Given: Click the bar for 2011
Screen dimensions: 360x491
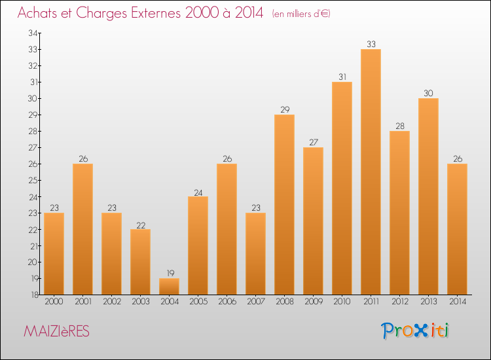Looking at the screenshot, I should [x=371, y=171].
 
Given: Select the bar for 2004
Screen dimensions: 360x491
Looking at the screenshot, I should [x=169, y=286].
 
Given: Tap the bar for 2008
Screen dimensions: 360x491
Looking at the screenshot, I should [x=284, y=204].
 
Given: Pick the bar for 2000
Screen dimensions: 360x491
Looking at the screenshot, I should [x=54, y=253].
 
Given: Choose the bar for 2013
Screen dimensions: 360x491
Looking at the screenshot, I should [x=428, y=196].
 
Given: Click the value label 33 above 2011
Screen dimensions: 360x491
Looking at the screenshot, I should [x=371, y=45].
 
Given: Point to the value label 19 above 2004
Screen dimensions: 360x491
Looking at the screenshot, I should [x=169, y=274].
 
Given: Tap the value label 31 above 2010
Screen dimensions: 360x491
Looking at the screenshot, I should [x=342, y=77].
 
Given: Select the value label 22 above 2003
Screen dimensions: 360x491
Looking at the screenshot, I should [x=140, y=225].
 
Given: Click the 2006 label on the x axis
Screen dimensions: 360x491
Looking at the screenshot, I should [x=227, y=302].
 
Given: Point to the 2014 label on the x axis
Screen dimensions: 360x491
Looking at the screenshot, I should [x=457, y=302].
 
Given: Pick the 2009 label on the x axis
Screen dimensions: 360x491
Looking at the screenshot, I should [x=313, y=302].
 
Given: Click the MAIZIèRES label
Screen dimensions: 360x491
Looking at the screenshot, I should [x=56, y=332].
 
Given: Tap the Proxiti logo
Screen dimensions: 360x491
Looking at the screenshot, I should [x=414, y=331].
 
